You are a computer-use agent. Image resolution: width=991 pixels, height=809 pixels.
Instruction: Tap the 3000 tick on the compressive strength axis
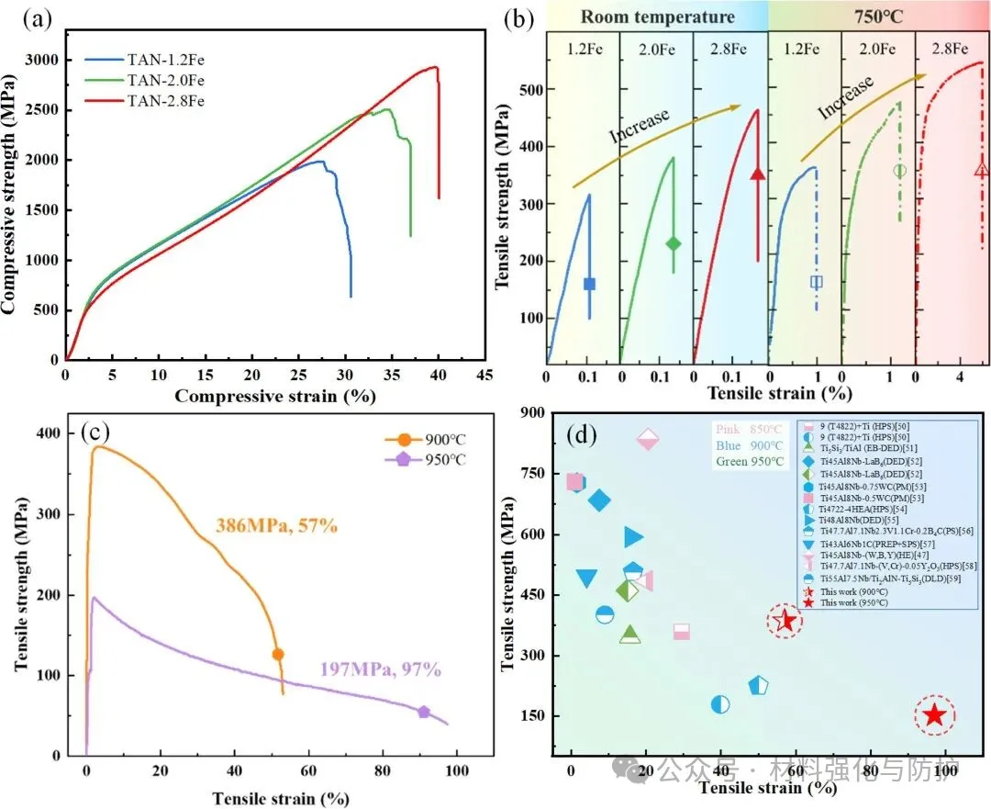(x=39, y=61)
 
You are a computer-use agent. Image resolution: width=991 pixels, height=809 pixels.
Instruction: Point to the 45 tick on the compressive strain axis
(x=485, y=375)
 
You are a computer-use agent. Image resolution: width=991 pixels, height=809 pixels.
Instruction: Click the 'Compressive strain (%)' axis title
(x=274, y=396)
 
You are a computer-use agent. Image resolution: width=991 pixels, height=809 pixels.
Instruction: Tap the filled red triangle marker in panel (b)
(x=757, y=174)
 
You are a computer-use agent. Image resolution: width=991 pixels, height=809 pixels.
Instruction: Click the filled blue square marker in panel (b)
(x=589, y=284)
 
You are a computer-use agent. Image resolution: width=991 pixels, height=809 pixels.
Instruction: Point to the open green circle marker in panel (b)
(x=899, y=170)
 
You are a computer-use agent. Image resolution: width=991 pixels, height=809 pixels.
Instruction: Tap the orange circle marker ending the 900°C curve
(x=278, y=654)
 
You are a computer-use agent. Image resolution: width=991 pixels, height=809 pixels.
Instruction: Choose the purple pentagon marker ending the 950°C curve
(x=424, y=712)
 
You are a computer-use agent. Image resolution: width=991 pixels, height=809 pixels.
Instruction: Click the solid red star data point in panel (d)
(x=934, y=714)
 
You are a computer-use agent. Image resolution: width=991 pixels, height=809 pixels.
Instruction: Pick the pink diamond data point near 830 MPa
(x=647, y=440)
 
